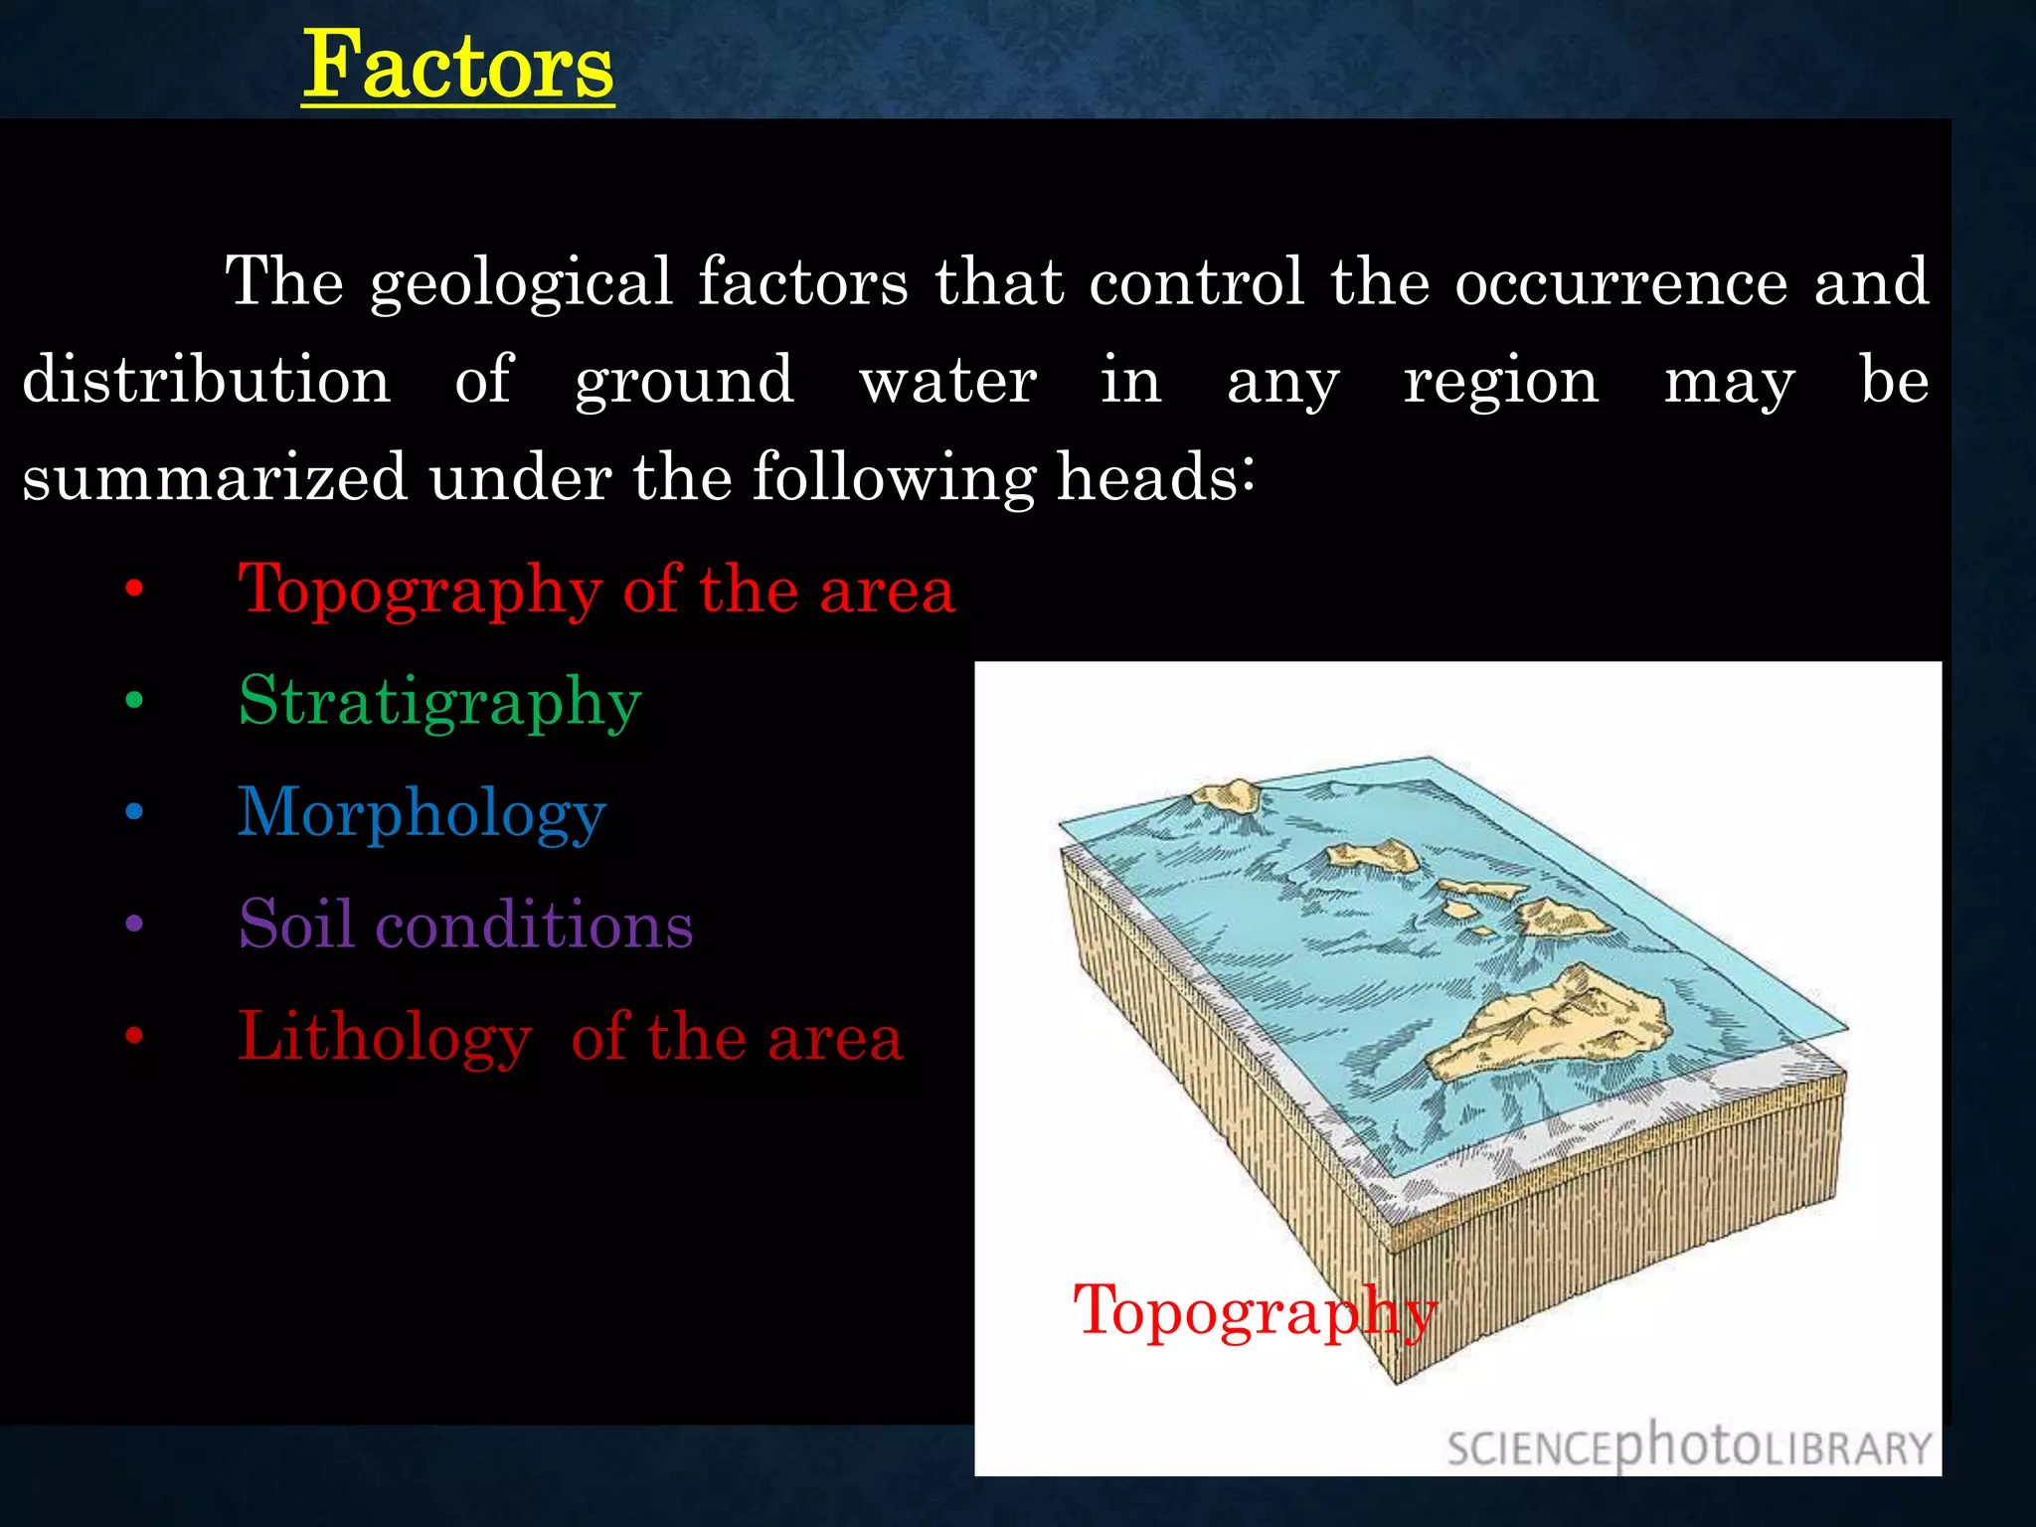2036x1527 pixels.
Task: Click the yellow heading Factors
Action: pos(458,66)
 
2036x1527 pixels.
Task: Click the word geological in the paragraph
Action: pos(521,283)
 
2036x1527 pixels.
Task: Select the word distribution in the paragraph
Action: pos(207,380)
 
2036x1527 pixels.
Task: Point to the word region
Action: pos(1501,382)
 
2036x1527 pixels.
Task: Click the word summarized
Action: pos(214,477)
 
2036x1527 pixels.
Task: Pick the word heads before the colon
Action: pos(1147,476)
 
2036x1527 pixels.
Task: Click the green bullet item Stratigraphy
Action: pos(439,703)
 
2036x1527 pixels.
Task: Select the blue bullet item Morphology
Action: pos(422,814)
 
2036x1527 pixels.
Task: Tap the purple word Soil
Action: pos(296,925)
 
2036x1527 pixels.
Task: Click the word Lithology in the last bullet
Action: pos(384,1037)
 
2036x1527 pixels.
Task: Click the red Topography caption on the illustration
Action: pos(1255,1311)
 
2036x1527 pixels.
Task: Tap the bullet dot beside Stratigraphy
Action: pos(135,701)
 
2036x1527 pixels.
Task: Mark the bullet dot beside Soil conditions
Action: pos(135,925)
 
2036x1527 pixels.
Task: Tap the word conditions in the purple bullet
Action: pos(534,925)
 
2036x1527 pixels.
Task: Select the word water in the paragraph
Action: pos(948,382)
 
